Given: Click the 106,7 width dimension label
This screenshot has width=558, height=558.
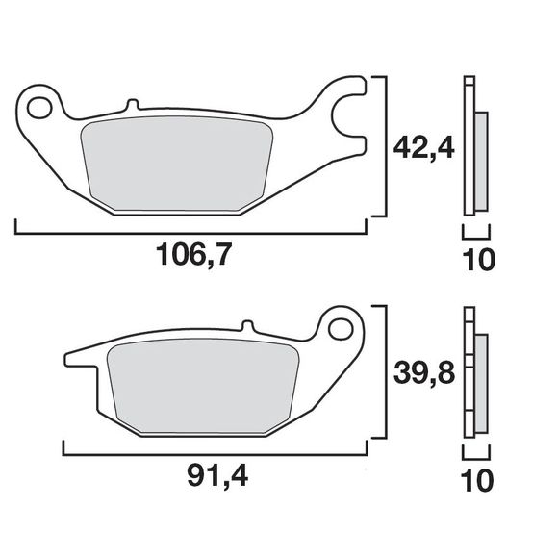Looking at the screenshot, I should pos(195,256).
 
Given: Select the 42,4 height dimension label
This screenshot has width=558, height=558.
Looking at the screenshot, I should pos(423,148).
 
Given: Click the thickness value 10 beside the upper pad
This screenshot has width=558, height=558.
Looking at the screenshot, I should pos(478,260).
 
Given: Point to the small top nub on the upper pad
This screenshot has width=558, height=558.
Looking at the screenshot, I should pos(134,102).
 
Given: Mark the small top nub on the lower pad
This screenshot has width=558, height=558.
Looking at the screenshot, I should pos(246,326).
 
